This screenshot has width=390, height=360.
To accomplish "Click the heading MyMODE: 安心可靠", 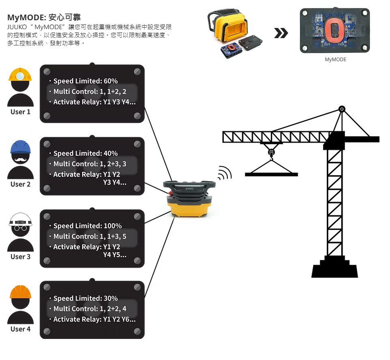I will [x=44, y=17].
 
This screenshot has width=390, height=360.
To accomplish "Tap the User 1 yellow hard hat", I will [x=20, y=75].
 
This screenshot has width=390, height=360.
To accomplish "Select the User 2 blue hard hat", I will [x=20, y=147].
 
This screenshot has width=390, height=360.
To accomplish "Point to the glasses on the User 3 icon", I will [x=20, y=228].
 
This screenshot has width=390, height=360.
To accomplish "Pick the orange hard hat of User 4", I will [x=20, y=292].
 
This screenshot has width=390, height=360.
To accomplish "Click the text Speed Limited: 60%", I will [x=86, y=81].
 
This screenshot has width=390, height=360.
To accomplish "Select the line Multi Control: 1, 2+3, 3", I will [x=90, y=164].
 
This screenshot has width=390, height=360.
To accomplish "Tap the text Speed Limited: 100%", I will [x=88, y=226].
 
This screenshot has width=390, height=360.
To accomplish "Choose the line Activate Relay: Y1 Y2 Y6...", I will [x=94, y=319].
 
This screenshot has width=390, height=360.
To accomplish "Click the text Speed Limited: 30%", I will [x=86, y=298].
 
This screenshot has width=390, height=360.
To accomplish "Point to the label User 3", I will [x=20, y=257].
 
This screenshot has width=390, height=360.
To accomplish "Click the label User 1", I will [x=20, y=111].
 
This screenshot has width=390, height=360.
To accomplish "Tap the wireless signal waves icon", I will [x=225, y=173].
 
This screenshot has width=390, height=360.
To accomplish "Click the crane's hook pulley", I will [x=271, y=153].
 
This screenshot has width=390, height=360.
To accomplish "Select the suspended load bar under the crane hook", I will [x=271, y=174].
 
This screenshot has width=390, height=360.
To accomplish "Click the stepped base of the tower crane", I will [x=334, y=268].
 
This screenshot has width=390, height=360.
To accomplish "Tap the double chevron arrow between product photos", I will [x=281, y=33].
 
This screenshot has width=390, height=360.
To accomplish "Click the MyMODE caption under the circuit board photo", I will [x=335, y=60].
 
